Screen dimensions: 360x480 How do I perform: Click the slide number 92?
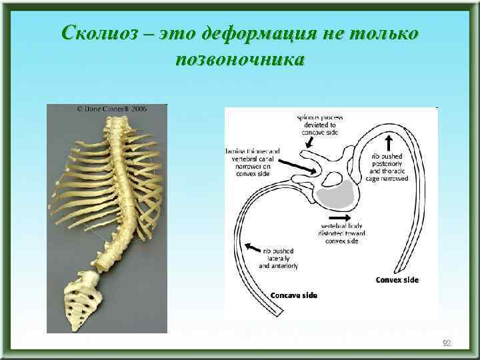point(447,343)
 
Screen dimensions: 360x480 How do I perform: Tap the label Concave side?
point(293,295)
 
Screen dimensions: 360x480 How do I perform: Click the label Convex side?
point(397,280)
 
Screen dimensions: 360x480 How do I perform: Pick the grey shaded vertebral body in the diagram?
point(335,195)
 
